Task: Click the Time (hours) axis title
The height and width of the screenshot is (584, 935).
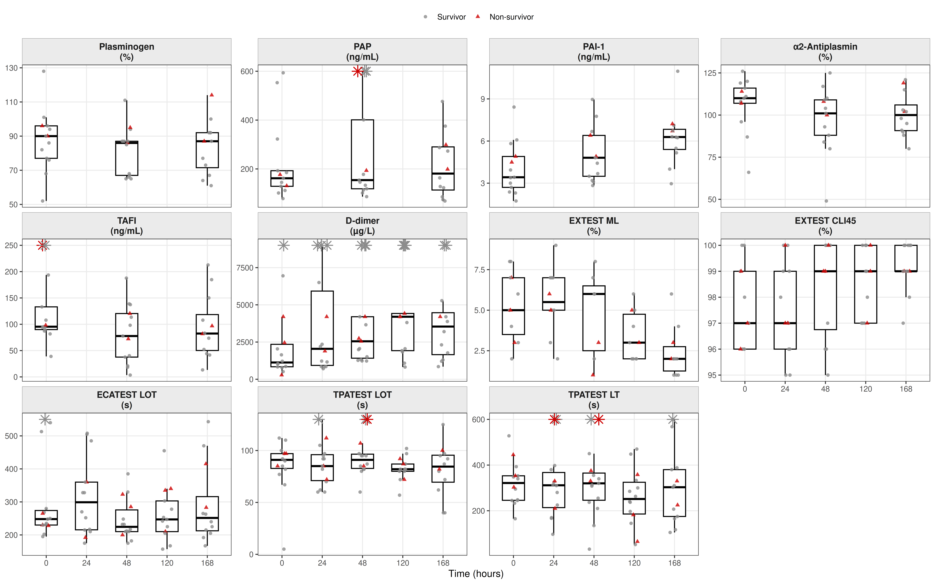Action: tap(476, 574)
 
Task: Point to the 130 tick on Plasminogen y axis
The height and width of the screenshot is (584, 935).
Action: tap(12, 68)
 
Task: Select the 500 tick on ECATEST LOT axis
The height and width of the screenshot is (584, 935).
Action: tap(12, 436)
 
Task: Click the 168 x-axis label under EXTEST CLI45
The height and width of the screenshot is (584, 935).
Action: tap(906, 389)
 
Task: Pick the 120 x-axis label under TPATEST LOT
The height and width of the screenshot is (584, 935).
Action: tap(403, 563)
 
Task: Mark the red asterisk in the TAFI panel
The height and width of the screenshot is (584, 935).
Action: tap(42, 245)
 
